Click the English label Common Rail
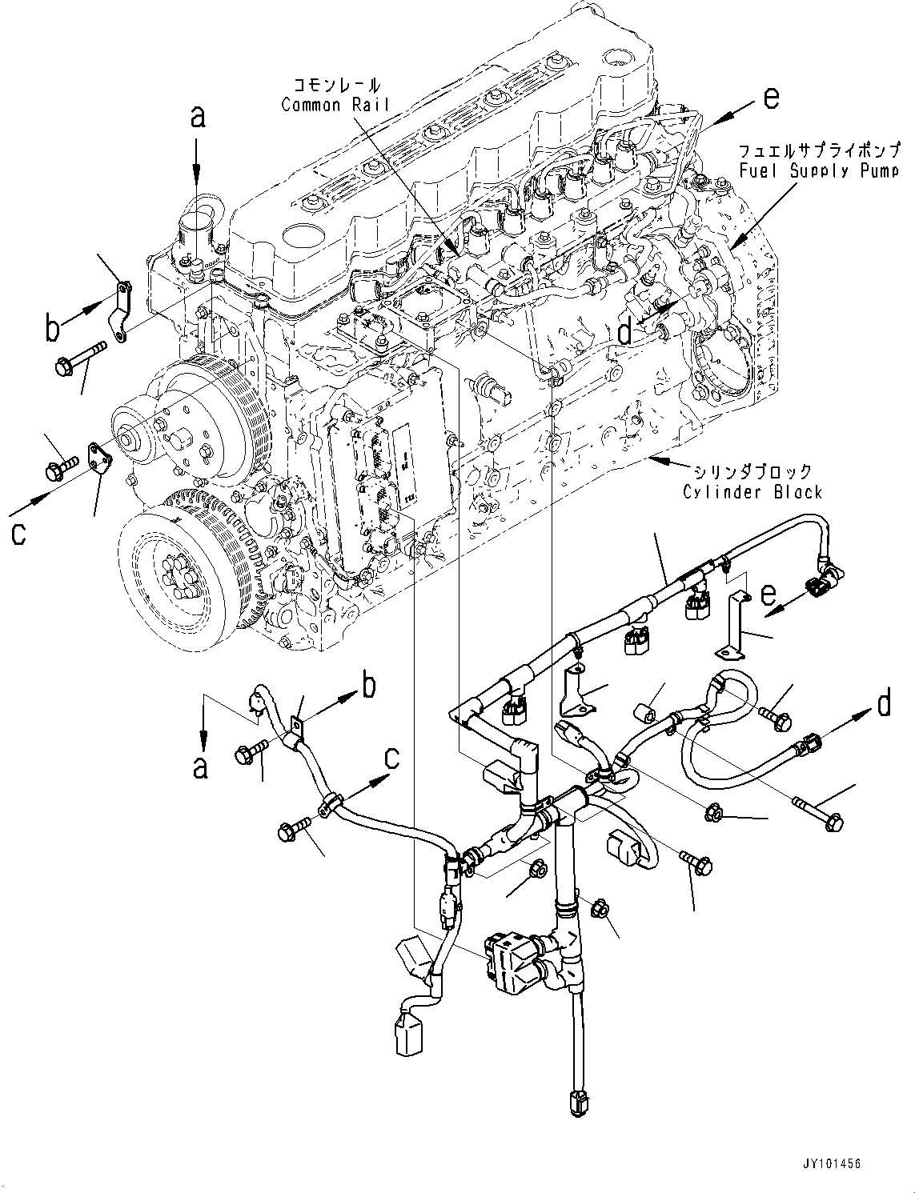pyautogui.click(x=335, y=105)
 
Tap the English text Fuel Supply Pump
pyautogui.click(x=817, y=170)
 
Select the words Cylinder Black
pyautogui.click(x=752, y=491)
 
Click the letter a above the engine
pyautogui.click(x=198, y=118)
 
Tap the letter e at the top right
pyautogui.click(x=770, y=98)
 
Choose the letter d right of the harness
pyautogui.click(x=883, y=704)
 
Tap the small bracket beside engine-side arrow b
pyautogui.click(x=119, y=310)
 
